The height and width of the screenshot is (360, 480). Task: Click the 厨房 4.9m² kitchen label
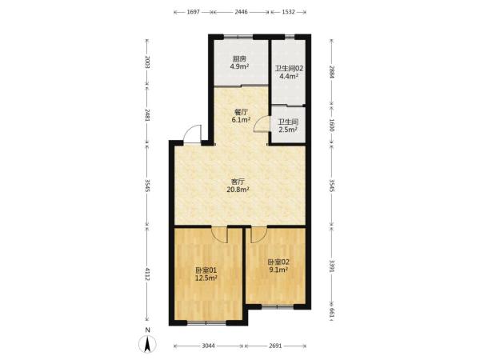[239, 62]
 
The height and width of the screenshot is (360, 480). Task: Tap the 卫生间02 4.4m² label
[289, 72]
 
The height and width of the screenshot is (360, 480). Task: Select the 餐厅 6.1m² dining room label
[241, 116]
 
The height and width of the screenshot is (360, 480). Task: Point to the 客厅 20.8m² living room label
[238, 186]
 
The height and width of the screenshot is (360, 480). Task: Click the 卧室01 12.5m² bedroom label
[206, 274]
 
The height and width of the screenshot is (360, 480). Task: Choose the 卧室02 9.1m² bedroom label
[278, 266]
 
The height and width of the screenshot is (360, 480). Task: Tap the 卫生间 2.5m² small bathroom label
[288, 126]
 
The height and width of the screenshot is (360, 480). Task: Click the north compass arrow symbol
[147, 344]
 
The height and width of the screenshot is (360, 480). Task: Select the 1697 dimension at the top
[193, 12]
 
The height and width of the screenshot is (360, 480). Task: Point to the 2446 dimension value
[242, 12]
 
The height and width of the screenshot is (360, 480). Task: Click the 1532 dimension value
[288, 12]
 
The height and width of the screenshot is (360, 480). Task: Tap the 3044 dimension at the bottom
[209, 346]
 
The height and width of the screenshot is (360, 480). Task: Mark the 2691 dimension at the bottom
[275, 346]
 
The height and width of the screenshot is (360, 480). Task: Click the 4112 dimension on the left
[147, 274]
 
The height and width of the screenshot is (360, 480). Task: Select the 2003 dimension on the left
[147, 62]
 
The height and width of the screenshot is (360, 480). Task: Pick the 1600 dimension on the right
[332, 126]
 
